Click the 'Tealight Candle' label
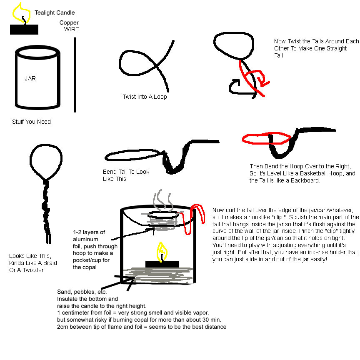click(x=55, y=12)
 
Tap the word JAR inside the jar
click(x=30, y=78)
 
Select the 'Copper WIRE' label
click(x=69, y=26)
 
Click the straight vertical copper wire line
click(x=75, y=75)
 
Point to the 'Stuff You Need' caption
click(x=31, y=122)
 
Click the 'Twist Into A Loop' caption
click(x=145, y=97)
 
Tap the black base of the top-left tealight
click(x=24, y=30)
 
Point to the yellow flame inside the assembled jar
click(x=162, y=251)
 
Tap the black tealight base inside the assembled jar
click(x=162, y=264)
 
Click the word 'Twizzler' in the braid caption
click(x=33, y=270)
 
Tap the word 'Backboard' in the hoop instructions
click(x=305, y=180)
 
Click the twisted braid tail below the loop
click(x=47, y=211)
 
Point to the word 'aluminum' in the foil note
click(x=85, y=239)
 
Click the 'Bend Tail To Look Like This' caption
click(x=126, y=175)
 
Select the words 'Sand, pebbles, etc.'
click(x=82, y=292)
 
